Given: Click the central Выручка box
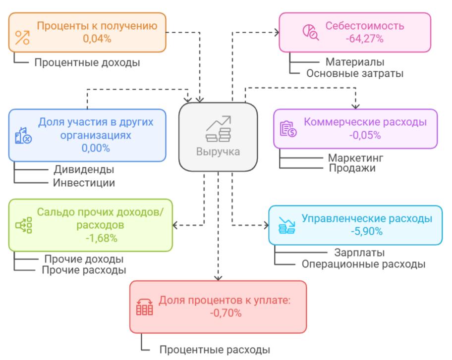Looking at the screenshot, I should [x=218, y=137].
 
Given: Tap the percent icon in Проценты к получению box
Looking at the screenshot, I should [x=22, y=38].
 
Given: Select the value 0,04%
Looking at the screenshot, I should [x=97, y=38].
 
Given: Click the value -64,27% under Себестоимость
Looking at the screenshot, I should [x=364, y=38].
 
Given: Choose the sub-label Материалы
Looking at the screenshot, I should [x=355, y=62].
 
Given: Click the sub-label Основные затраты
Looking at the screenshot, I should [x=354, y=74].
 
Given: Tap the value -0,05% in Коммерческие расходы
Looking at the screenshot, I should [x=364, y=135].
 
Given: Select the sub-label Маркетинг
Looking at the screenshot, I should [x=355, y=158].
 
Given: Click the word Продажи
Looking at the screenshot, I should [x=352, y=168].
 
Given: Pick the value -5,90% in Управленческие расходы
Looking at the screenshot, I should [x=366, y=231].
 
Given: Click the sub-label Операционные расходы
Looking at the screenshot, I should [x=363, y=264].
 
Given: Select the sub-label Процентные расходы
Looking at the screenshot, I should [x=215, y=350].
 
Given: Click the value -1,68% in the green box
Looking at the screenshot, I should [x=101, y=238].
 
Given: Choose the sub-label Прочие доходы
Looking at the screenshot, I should [x=84, y=259].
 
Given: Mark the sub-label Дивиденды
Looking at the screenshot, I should [x=84, y=169].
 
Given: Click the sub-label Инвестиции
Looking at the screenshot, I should [x=84, y=183].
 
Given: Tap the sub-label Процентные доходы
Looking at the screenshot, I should [x=87, y=63].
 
